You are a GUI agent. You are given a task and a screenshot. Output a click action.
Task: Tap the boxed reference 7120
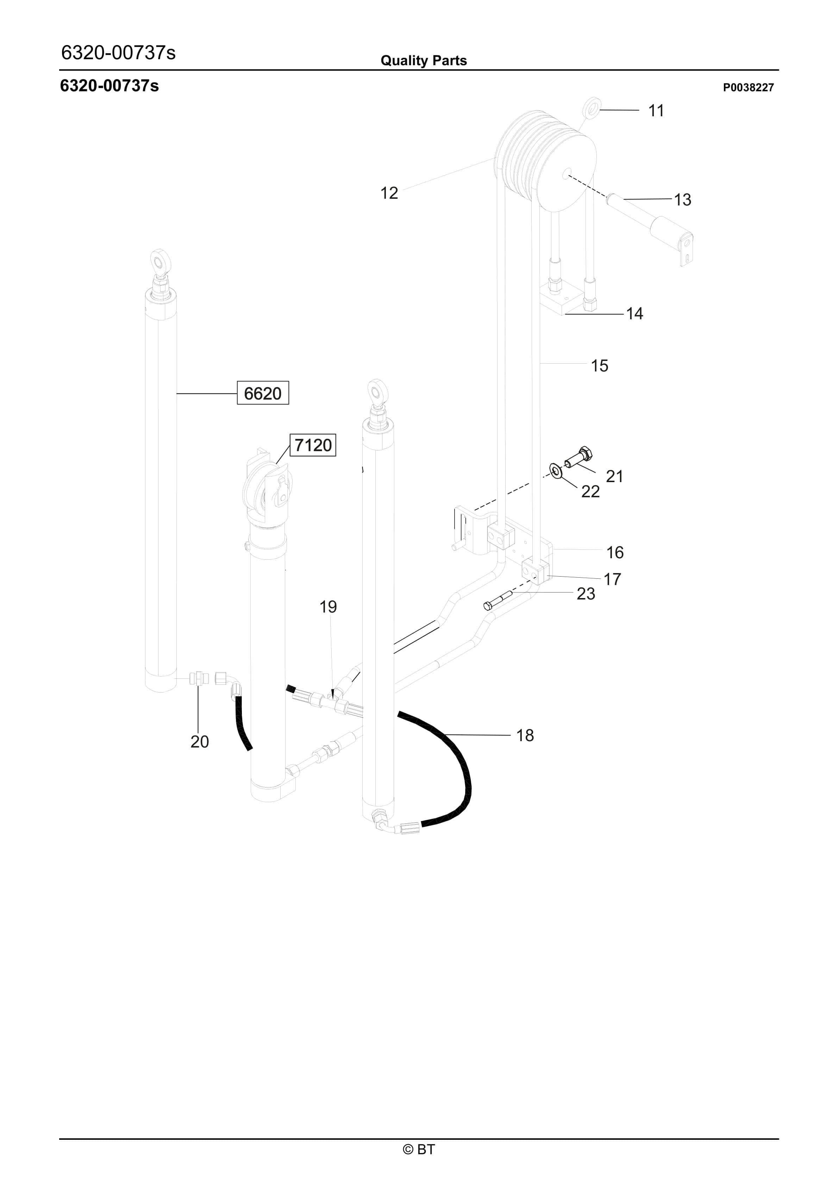click(313, 445)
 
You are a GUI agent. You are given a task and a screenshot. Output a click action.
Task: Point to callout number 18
click(525, 735)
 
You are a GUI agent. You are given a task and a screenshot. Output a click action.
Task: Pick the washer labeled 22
click(556, 471)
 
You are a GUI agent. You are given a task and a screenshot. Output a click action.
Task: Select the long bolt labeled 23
click(498, 600)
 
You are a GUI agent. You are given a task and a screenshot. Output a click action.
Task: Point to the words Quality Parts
click(423, 61)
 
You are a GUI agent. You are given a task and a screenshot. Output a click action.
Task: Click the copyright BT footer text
click(419, 1149)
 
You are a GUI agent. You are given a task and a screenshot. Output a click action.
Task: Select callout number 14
click(634, 313)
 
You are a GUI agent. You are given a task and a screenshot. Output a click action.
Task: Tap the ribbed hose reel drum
click(545, 160)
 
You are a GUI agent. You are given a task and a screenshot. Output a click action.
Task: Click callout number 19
click(328, 607)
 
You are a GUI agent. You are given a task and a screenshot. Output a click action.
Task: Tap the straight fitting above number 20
click(198, 677)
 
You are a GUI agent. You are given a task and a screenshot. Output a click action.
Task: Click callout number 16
click(615, 552)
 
